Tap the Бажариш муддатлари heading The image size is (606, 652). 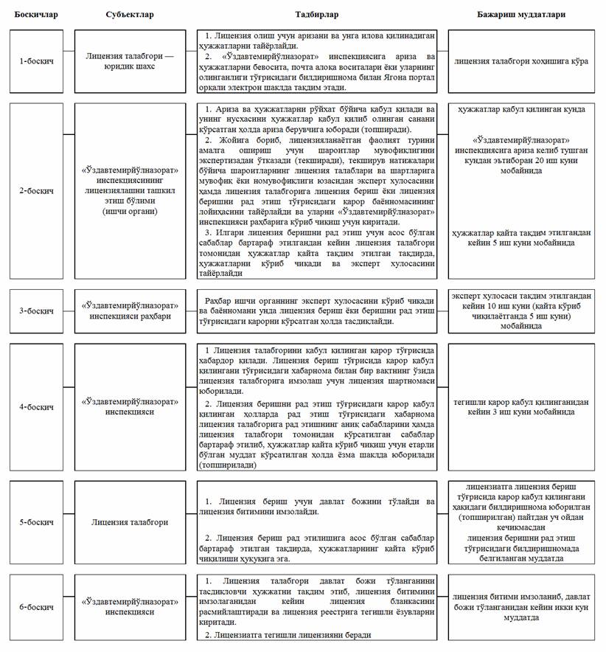(523, 13)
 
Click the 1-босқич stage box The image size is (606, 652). (35, 60)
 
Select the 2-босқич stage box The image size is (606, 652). (35, 190)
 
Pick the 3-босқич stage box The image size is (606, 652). (35, 311)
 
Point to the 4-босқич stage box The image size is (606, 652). (35, 406)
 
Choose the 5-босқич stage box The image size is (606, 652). (35, 521)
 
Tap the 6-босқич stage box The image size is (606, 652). (35, 608)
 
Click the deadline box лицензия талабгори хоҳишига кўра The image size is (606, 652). (521, 60)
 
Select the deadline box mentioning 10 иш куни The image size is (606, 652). (521, 311)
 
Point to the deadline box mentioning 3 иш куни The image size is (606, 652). (521, 406)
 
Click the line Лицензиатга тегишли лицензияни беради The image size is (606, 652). (288, 635)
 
